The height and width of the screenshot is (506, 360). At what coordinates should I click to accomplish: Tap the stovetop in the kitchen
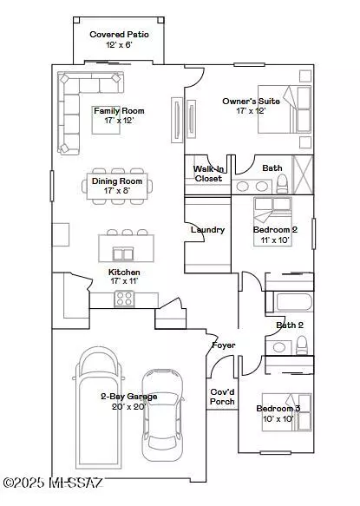pos(124,299)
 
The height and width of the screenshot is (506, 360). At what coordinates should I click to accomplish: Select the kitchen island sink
pos(122,253)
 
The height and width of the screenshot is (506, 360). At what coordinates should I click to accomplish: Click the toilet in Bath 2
pos(302,345)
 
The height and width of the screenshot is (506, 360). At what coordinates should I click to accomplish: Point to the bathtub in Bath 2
pos(294,302)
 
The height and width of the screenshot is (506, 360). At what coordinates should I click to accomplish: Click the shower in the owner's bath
pos(303,175)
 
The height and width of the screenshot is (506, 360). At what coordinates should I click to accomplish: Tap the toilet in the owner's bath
pos(283,184)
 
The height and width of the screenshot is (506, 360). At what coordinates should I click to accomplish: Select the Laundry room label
pos(207,230)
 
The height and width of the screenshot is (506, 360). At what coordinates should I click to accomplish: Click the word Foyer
pos(224,345)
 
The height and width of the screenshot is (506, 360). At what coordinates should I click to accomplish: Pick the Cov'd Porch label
pos(222,397)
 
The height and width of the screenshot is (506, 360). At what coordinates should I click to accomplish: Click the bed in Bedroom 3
pos(287,412)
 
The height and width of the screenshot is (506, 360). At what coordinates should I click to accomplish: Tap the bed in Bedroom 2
pos(273,221)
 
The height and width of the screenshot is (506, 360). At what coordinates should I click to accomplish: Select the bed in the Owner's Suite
pos(285,109)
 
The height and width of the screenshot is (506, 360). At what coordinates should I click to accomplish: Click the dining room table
pos(117,187)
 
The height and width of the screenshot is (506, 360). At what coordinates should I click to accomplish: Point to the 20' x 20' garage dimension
pos(128,406)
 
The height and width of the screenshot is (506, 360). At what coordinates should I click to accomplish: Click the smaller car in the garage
pos(162,415)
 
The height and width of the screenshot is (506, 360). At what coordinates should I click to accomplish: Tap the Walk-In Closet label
pos(208,174)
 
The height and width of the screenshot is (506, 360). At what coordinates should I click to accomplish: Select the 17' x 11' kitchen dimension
pos(124,281)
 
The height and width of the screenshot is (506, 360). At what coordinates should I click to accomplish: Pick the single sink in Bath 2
pos(278,347)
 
